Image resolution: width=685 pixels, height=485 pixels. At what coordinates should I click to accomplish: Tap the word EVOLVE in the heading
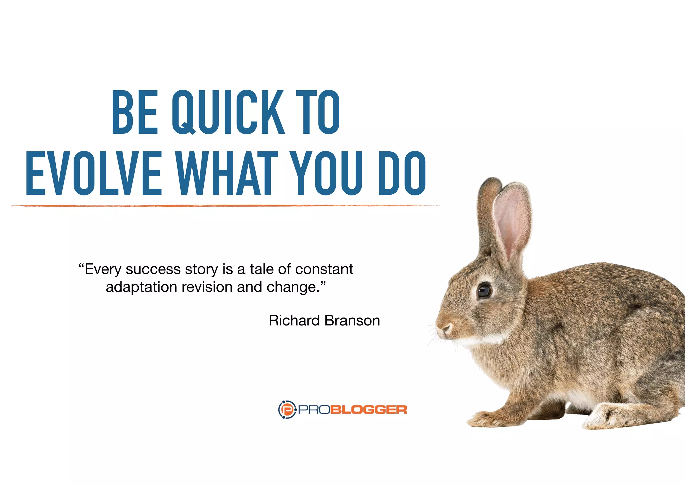[93, 173]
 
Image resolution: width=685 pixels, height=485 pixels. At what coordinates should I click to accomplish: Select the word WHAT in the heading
[227, 173]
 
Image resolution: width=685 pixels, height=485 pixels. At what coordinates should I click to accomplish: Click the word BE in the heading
[134, 112]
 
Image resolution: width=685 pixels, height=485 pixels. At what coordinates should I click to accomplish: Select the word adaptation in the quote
[141, 287]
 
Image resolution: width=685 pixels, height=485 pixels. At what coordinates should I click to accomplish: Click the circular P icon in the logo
[287, 409]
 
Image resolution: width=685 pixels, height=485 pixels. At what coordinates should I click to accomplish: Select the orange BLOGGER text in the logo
[369, 410]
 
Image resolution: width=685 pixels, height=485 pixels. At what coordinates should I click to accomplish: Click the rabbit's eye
[484, 290]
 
